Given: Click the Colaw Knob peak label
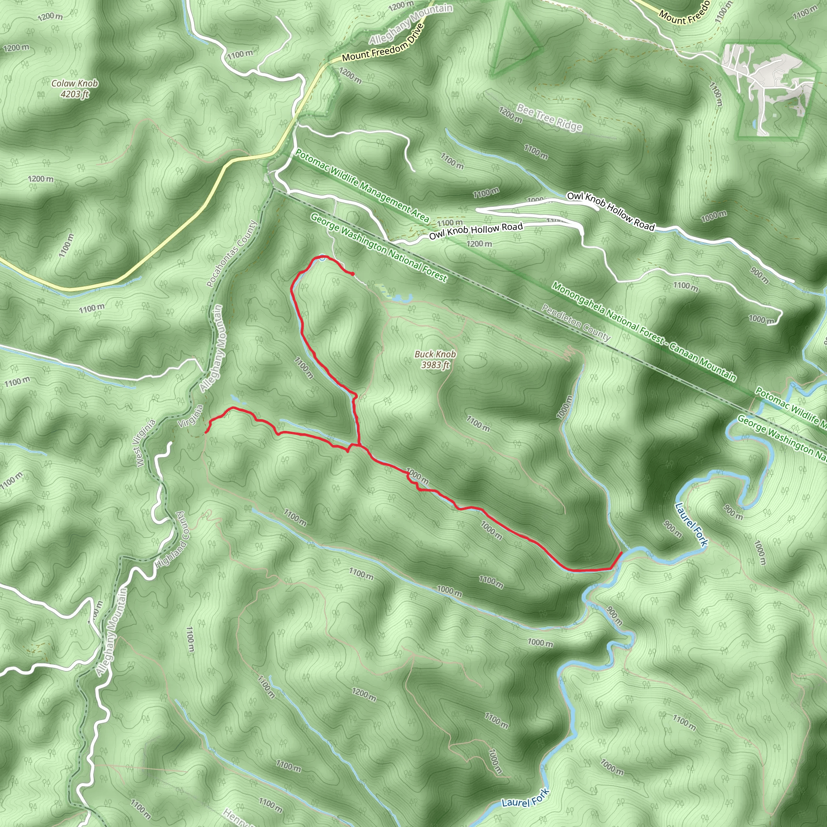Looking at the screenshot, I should [x=74, y=84].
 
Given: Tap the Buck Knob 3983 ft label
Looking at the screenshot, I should [x=435, y=359].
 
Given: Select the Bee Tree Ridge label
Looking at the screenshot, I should [x=549, y=117].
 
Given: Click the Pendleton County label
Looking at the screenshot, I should [x=576, y=322].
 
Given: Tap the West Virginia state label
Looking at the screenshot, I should [x=145, y=443].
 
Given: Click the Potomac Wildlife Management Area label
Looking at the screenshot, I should [x=362, y=186].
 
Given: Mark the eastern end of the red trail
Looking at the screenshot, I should [x=621, y=553].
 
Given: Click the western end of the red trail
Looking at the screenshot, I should [x=206, y=432].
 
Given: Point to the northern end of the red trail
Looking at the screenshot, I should [x=352, y=274].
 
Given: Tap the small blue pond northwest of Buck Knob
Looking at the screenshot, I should [x=397, y=297].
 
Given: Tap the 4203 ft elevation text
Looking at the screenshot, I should [x=74, y=94].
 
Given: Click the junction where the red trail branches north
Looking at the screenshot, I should [x=358, y=445].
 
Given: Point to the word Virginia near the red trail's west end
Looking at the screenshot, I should [x=191, y=416].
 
